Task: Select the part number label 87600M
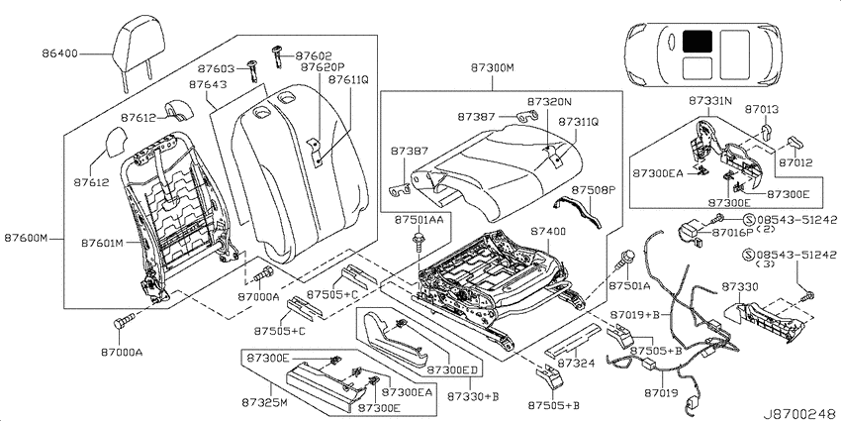[27, 238]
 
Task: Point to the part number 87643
[208, 85]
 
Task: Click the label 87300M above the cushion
[493, 67]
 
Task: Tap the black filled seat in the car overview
[698, 41]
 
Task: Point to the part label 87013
[761, 110]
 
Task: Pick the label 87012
[795, 162]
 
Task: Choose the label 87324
[576, 364]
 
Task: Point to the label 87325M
[264, 403]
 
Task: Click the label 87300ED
[452, 370]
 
